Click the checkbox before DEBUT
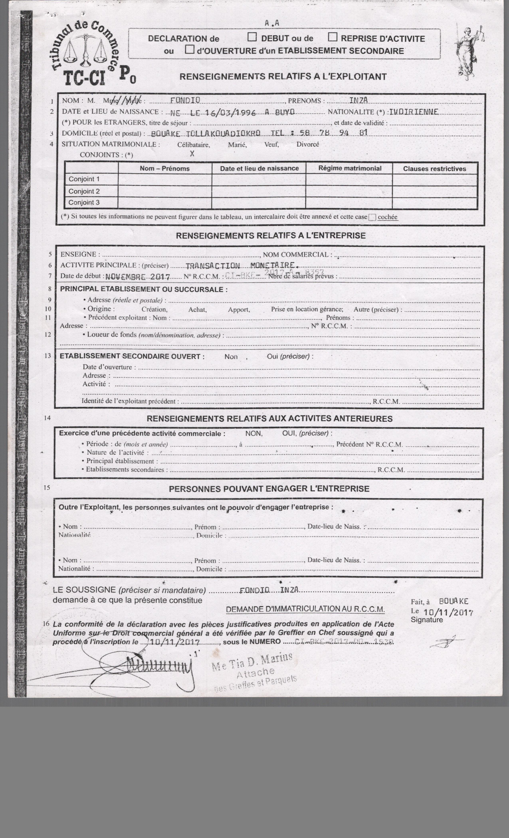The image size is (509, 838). pyautogui.click(x=252, y=37)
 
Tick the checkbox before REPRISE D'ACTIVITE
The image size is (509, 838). pyautogui.click(x=332, y=37)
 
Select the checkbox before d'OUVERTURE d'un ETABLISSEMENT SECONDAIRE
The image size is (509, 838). pyautogui.click(x=189, y=50)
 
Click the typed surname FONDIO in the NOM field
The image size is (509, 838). pyautogui.click(x=185, y=100)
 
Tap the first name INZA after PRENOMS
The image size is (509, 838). pyautogui.click(x=359, y=100)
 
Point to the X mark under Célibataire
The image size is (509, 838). pyautogui.click(x=192, y=153)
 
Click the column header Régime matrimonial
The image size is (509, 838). pyautogui.click(x=350, y=168)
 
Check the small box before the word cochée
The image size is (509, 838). pyautogui.click(x=372, y=217)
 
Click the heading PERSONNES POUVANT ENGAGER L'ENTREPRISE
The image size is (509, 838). pyautogui.click(x=269, y=489)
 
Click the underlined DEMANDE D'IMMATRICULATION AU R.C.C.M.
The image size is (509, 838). pyautogui.click(x=305, y=609)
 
